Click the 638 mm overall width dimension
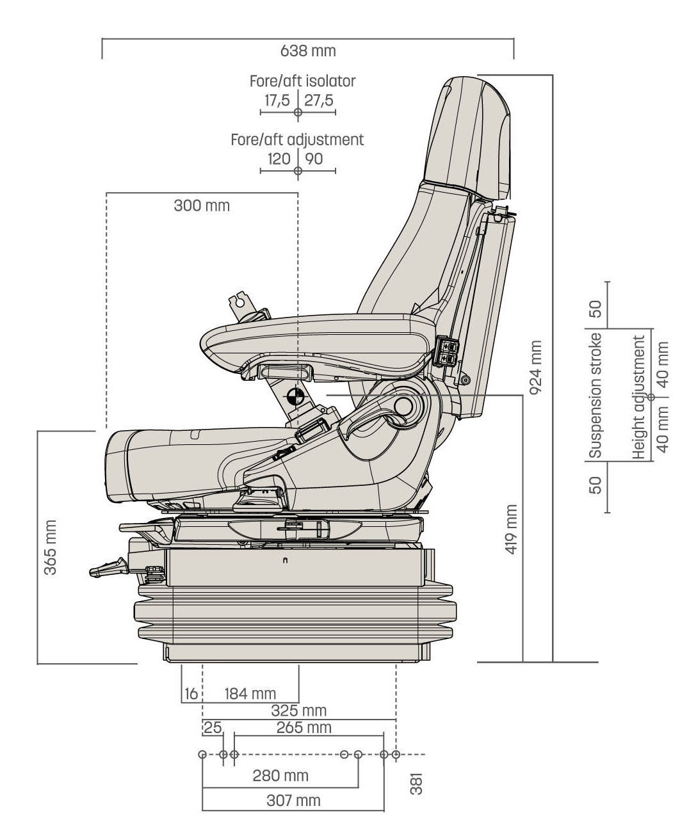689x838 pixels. (307, 50)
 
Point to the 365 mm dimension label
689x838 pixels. (50, 546)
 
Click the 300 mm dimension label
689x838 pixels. (201, 205)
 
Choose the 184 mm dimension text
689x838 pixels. (250, 693)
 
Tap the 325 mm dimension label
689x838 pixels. (299, 710)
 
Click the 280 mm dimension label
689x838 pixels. (280, 776)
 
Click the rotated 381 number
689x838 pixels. (416, 784)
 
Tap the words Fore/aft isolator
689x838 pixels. (302, 81)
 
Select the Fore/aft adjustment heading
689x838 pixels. (297, 140)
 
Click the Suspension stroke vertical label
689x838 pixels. (596, 395)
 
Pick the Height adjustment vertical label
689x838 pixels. (638, 397)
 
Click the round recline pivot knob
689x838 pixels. (405, 406)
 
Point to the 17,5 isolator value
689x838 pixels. (277, 101)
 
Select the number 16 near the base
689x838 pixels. (190, 693)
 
